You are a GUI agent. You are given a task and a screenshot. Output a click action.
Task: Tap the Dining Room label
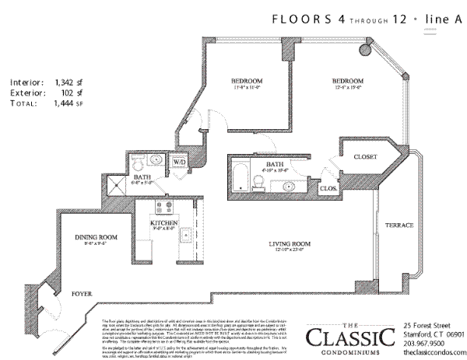point(96,237)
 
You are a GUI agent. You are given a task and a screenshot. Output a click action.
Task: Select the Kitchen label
point(164,224)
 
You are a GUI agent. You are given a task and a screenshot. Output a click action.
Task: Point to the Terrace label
point(398,225)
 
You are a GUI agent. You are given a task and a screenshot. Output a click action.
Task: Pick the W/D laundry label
point(179,163)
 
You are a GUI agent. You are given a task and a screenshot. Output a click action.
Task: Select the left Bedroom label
point(246,82)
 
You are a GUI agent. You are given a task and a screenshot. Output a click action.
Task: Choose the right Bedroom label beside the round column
point(347,82)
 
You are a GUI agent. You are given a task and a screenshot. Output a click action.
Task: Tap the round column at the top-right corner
point(365,48)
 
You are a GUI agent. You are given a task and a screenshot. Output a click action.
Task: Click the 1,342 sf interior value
point(68,80)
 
